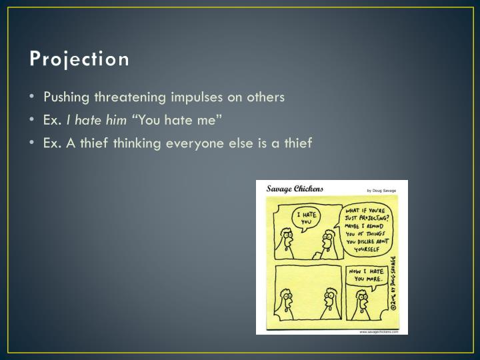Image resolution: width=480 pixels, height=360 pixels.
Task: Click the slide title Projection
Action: (x=79, y=59)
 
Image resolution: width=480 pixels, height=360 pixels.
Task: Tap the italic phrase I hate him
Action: (x=101, y=120)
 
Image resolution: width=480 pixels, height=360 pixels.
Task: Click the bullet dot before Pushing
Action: (x=33, y=97)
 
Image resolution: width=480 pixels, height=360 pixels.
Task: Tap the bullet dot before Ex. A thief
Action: (x=33, y=143)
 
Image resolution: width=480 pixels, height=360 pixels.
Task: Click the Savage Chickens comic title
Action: (x=295, y=189)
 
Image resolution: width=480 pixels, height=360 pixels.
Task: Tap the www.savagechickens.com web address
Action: (x=379, y=331)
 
